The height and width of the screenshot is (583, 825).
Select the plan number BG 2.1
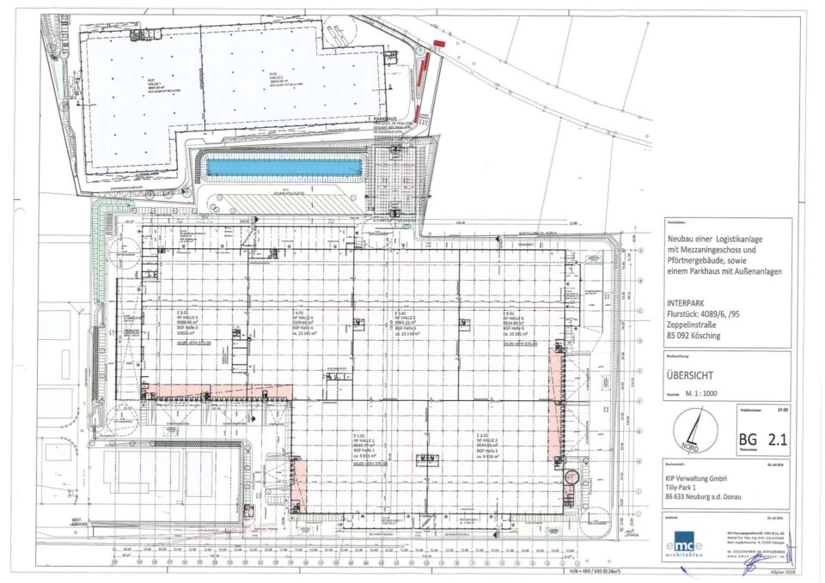pyautogui.click(x=763, y=441)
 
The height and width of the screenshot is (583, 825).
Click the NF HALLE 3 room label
pyautogui.click(x=191, y=319)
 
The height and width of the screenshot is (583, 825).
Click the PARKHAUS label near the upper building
pyautogui.click(x=388, y=119)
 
